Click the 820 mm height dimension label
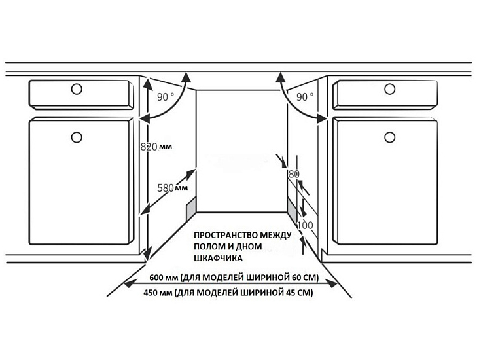pos(156,147)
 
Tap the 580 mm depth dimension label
pos(172,188)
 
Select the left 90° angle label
pos(166,97)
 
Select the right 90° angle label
pos(305,97)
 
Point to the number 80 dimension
pos(294,174)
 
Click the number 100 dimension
pos(305,226)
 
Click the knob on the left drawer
pos(77,89)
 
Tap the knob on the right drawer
pos(390,89)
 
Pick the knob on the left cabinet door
pos(77,137)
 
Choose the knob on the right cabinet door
pos(390,137)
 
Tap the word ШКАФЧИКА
pos(218,259)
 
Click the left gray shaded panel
pos(190,208)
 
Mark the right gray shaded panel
pos(292,209)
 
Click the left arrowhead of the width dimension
pos(129,284)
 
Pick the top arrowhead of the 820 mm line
pos(148,83)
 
